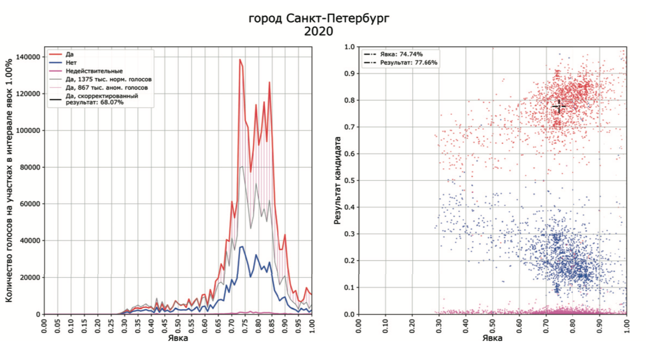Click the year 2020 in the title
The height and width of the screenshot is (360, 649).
click(319, 31)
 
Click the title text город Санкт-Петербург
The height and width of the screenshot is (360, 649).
click(319, 19)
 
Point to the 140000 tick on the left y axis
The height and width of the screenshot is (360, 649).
click(28, 57)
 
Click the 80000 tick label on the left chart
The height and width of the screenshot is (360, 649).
click(30, 167)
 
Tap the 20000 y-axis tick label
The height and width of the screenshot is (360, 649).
click(30, 278)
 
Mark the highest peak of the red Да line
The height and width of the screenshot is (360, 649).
click(240, 59)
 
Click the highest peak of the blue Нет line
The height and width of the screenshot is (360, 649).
click(242, 247)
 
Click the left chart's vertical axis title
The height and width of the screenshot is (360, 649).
click(9, 181)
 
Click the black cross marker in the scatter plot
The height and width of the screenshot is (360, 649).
click(559, 106)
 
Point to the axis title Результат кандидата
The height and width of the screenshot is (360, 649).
click(338, 181)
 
